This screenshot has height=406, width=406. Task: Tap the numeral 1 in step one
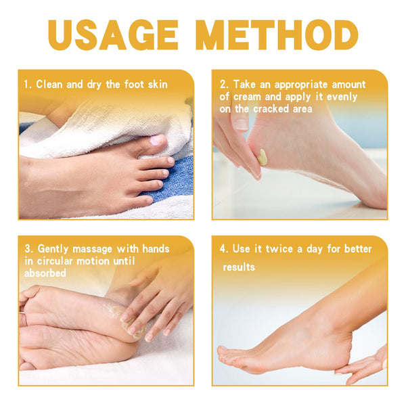pos(26,85)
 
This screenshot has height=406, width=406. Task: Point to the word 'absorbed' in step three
pos(45,273)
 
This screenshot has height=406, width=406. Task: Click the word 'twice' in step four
pos(277,249)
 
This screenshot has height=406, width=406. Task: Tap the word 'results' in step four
pos(239,267)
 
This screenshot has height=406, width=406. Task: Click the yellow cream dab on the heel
pos(262,157)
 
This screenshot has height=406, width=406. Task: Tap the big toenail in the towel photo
pos(156,141)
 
